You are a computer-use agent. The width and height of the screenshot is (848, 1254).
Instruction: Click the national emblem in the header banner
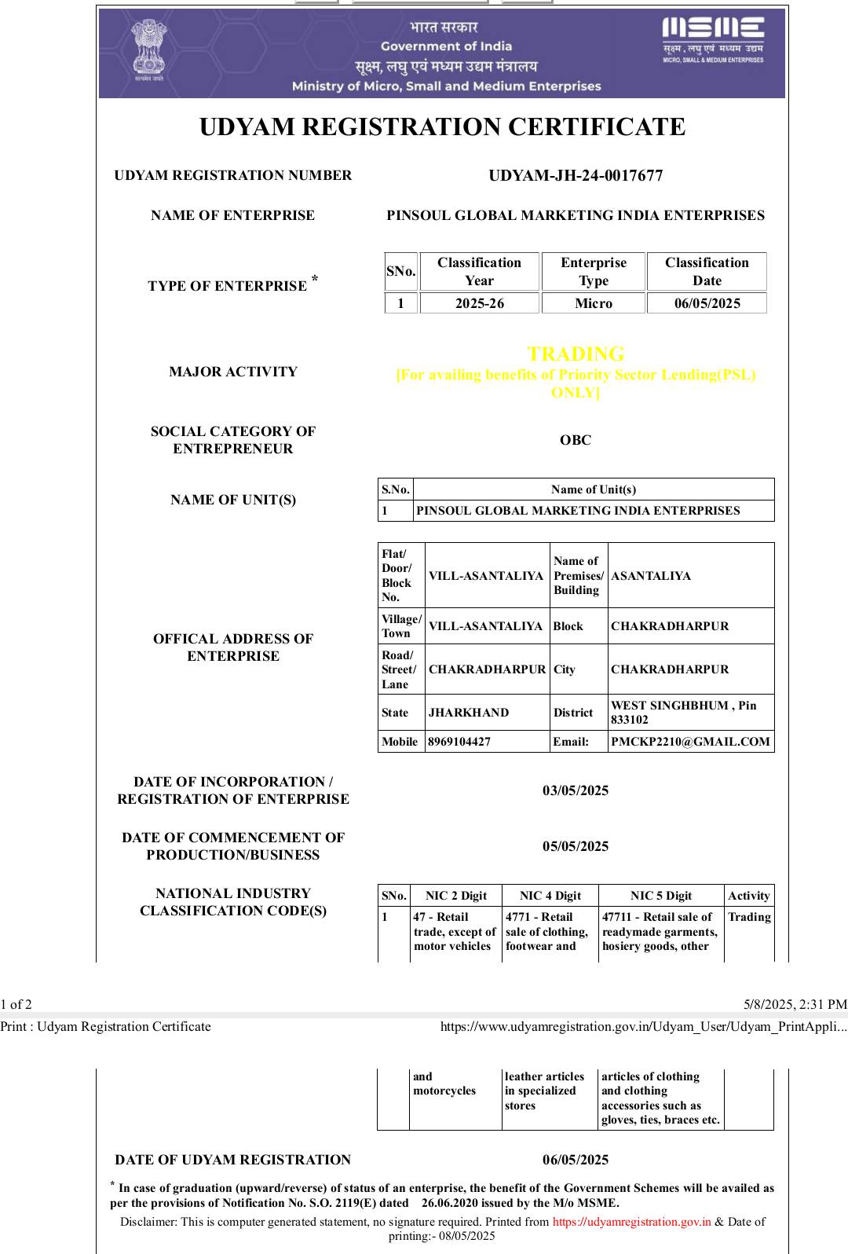148,50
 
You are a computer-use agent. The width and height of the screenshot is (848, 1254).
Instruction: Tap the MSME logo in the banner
712,39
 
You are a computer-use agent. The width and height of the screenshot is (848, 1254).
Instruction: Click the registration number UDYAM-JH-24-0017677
576,175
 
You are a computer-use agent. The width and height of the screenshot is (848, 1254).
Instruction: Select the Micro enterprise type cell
593,303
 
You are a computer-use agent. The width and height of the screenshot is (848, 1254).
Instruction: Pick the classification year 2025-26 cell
479,303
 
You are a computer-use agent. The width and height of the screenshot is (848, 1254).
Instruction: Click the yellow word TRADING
576,354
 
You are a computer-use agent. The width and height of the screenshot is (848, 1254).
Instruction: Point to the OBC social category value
575,440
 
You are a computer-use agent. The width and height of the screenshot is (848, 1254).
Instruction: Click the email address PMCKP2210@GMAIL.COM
690,742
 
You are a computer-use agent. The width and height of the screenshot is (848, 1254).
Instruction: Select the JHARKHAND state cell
469,713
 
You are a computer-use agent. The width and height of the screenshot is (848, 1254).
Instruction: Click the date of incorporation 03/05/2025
575,790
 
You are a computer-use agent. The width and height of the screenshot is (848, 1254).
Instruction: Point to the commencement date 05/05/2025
575,846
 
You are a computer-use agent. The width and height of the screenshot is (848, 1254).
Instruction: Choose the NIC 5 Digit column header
661,896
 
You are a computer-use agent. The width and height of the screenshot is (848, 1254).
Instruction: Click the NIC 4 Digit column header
550,896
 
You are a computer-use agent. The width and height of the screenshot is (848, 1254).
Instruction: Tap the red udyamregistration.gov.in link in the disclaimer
631,1222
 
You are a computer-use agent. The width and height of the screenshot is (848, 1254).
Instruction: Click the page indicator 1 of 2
16,1004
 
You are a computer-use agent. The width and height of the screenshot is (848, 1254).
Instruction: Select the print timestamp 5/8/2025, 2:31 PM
795,1004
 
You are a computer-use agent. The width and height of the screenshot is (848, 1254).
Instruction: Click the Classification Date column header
707,271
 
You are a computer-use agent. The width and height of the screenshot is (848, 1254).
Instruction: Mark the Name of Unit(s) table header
593,489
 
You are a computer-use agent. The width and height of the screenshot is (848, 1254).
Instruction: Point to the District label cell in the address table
573,713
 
